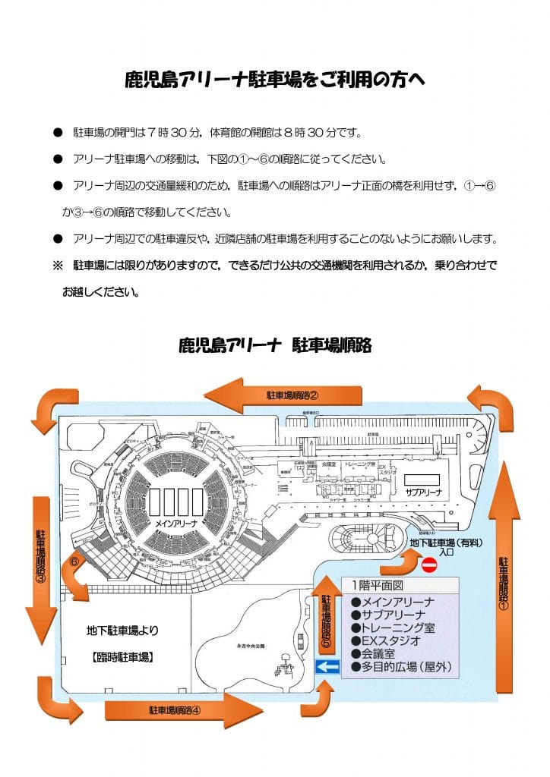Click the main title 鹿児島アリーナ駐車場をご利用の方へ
[274, 80]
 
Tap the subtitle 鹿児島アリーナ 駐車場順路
[274, 346]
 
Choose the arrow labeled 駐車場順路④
[186, 711]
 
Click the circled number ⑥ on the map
[74, 563]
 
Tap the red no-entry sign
[429, 565]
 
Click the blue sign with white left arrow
[327, 666]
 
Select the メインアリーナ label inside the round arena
[176, 524]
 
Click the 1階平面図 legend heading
[376, 585]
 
